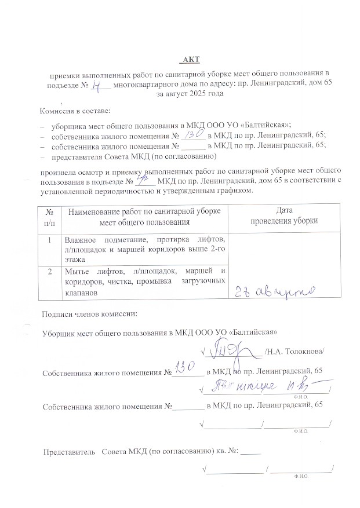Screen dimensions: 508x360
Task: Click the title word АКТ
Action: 189,60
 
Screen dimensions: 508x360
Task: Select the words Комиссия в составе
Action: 75,111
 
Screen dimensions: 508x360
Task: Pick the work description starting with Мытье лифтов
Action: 145,282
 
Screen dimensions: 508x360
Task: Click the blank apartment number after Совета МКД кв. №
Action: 250,450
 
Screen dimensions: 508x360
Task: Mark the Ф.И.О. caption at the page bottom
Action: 300,475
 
